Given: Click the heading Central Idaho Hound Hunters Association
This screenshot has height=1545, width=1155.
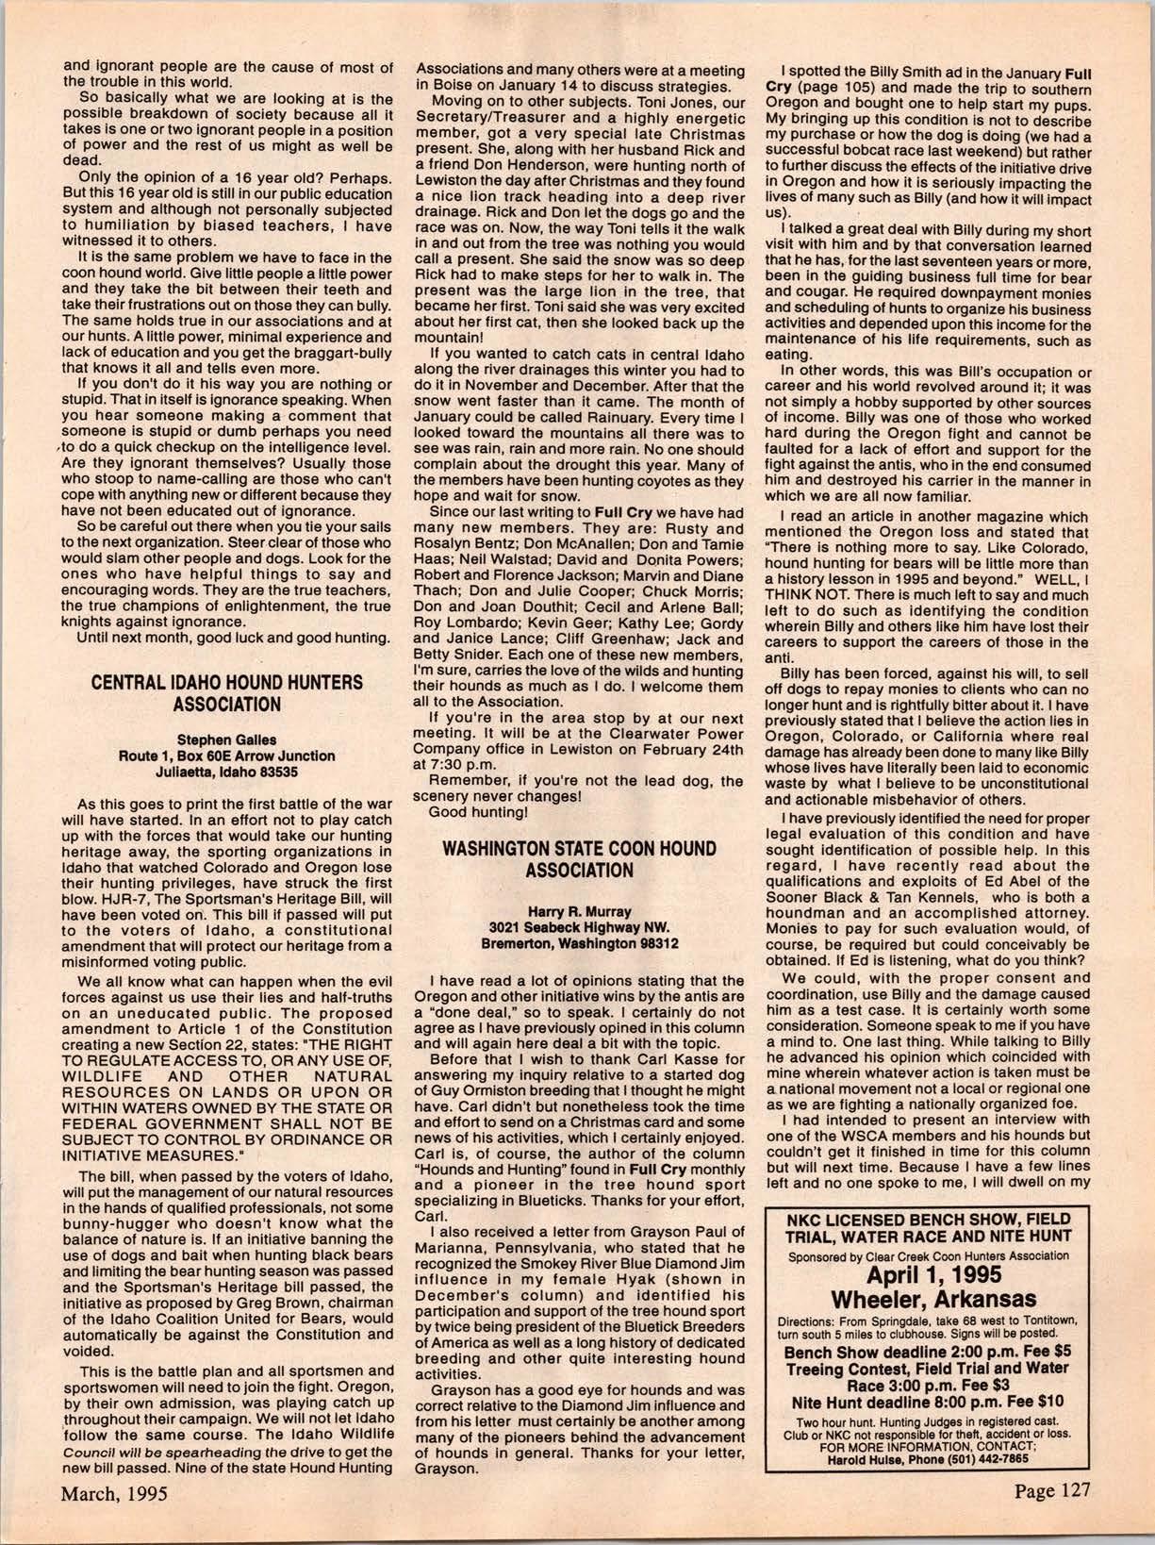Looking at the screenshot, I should point(226,692).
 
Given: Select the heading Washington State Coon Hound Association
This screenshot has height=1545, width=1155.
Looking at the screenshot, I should point(579,858).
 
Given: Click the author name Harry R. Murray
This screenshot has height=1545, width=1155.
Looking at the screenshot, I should point(579,911).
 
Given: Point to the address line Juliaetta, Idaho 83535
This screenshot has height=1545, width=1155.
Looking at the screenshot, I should point(226,771).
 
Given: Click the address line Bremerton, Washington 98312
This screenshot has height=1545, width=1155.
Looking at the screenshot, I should point(579,942).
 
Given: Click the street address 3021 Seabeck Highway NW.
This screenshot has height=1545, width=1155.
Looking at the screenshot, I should point(579,927).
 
